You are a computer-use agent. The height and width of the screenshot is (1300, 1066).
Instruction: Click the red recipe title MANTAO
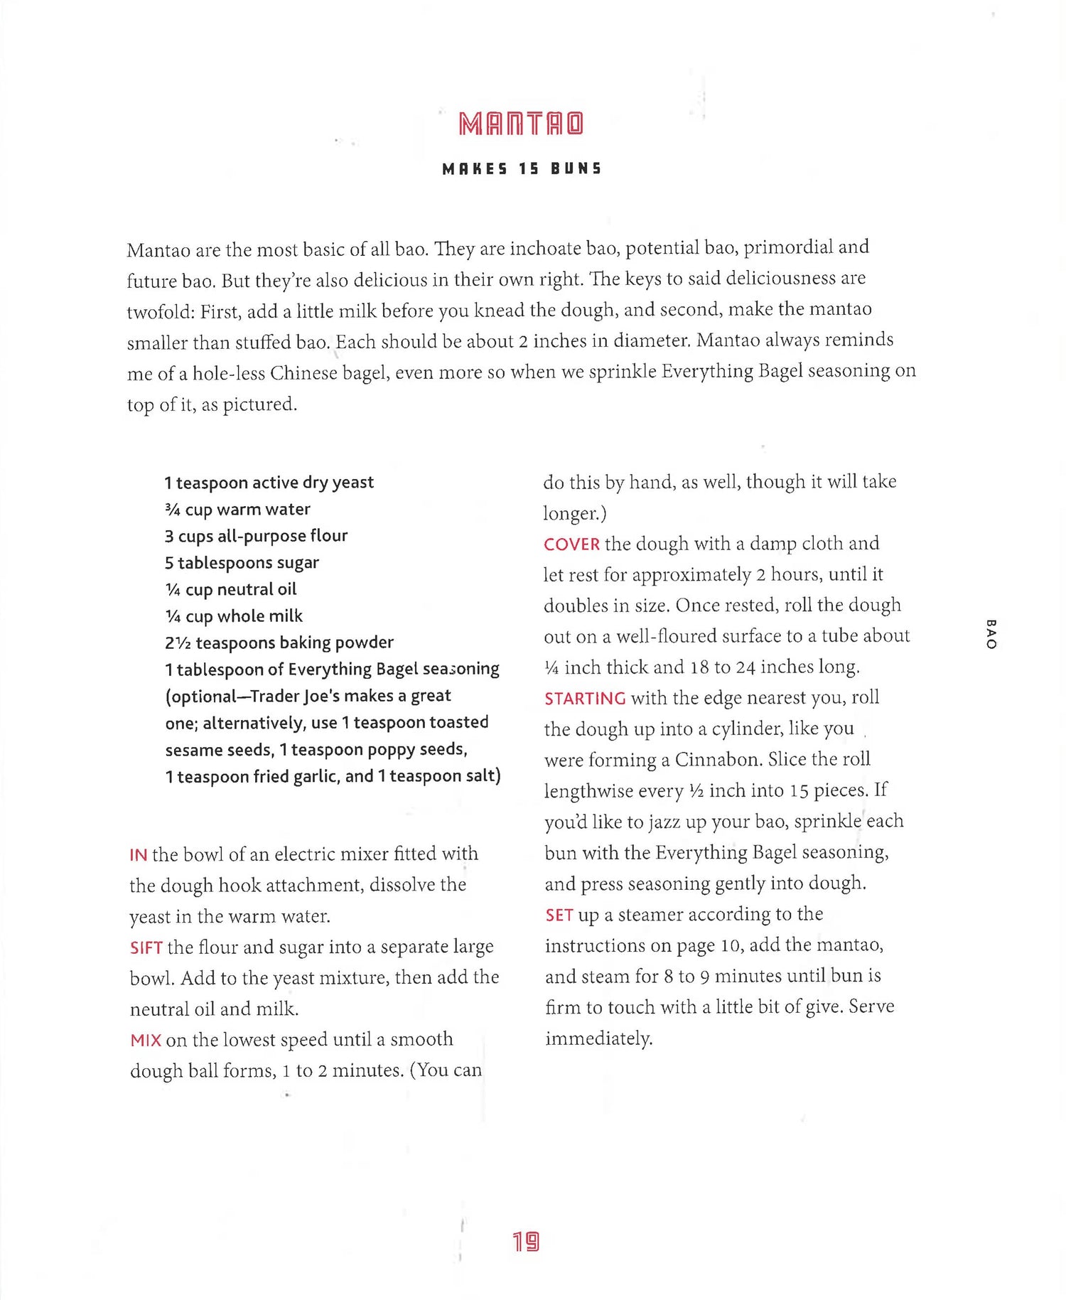click(x=521, y=124)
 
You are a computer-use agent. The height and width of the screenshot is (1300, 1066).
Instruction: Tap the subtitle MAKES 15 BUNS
click(x=522, y=169)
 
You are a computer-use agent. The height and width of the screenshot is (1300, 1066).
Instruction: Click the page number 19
click(x=526, y=1242)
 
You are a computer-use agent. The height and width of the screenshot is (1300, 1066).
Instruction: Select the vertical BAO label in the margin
click(x=991, y=634)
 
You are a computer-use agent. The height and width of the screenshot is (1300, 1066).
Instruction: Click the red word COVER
click(x=571, y=544)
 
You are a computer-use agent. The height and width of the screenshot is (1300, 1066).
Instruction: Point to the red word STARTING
click(x=584, y=699)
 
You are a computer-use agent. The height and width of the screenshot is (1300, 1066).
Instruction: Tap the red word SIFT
click(x=146, y=947)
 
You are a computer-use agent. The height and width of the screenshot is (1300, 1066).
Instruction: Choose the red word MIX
click(x=146, y=1041)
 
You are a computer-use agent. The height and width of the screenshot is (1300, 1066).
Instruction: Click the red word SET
click(x=559, y=915)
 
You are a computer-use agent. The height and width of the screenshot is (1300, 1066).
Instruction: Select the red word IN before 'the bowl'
click(x=138, y=854)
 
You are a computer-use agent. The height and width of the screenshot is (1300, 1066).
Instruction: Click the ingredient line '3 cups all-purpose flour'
click(x=256, y=536)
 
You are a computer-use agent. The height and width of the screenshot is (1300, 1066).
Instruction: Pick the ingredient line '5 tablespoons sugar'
click(x=242, y=563)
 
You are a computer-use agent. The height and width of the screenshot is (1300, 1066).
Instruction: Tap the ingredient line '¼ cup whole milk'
click(x=234, y=616)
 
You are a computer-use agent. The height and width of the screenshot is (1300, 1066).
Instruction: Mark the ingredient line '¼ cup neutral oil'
click(x=231, y=589)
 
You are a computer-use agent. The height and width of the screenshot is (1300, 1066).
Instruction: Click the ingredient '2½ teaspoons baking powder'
click(x=279, y=643)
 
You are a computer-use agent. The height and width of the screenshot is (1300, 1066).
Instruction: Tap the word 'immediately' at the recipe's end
click(x=598, y=1038)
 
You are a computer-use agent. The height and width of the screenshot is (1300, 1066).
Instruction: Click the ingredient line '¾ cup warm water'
click(x=237, y=510)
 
